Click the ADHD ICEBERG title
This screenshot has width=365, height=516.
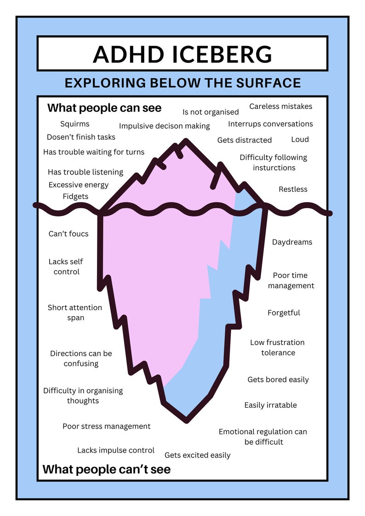(182, 54)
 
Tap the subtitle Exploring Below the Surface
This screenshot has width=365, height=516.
(182, 83)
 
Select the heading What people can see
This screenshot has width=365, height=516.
(104, 108)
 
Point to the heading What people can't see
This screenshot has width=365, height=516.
(107, 469)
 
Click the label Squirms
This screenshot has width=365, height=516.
(75, 124)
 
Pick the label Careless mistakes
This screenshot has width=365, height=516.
(281, 106)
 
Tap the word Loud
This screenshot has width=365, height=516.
(300, 139)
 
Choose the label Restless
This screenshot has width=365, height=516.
(293, 189)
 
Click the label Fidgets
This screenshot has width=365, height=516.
(75, 197)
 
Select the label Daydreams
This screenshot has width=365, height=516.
(292, 242)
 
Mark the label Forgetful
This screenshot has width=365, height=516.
(284, 312)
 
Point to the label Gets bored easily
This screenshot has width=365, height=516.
(278, 380)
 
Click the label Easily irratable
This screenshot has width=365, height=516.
(271, 405)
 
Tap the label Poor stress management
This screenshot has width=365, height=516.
(106, 426)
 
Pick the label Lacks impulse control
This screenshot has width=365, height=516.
(116, 450)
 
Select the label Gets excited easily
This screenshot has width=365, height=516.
(198, 455)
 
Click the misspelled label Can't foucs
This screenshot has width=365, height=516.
(68, 234)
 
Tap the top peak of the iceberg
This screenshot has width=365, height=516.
(186, 141)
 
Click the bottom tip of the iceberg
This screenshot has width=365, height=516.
(186, 420)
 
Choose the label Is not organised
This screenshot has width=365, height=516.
(211, 112)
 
